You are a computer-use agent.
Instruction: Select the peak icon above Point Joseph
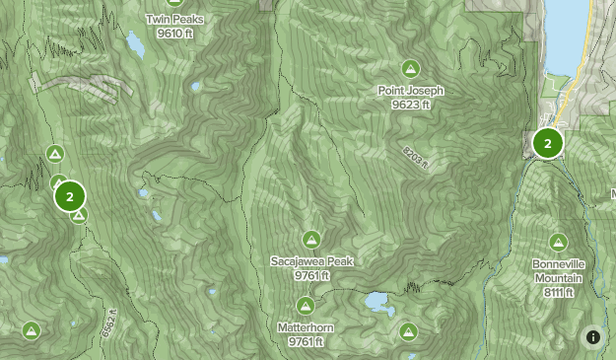click(410, 68)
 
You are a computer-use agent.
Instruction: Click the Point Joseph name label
click(411, 91)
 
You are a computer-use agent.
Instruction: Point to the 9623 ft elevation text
click(411, 104)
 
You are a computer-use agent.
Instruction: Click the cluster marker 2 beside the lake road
click(547, 143)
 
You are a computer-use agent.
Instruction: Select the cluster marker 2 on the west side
click(70, 196)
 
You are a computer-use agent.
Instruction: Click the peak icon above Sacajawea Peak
click(311, 239)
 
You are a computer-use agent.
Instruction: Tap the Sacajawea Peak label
click(311, 261)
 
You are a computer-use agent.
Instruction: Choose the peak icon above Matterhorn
click(306, 306)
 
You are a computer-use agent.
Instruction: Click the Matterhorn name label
click(307, 328)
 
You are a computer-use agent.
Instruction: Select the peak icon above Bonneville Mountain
click(559, 242)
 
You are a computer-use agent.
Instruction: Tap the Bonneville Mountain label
click(559, 271)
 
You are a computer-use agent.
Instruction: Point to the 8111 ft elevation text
click(559, 291)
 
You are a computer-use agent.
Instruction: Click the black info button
click(593, 337)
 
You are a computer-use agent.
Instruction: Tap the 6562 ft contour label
click(108, 323)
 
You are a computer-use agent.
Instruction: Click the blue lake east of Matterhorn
click(376, 300)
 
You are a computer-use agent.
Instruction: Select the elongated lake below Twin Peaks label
click(132, 43)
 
